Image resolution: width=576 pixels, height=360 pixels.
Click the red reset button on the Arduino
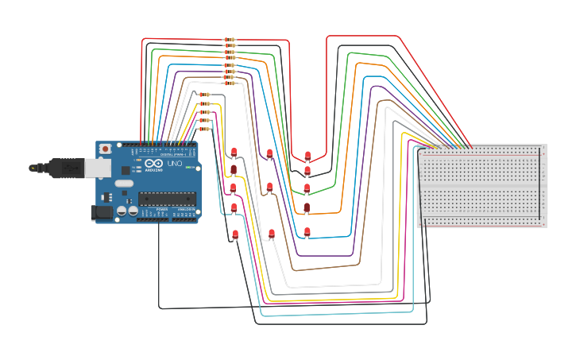click(105, 149)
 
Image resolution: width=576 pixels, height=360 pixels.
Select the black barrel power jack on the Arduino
click(101, 212)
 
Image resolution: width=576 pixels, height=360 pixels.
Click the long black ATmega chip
click(166, 198)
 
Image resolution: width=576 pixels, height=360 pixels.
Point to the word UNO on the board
click(174, 164)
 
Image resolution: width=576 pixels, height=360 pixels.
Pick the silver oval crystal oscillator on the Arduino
click(124, 184)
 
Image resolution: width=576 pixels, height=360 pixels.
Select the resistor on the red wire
click(229, 39)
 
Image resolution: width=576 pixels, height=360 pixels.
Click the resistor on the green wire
click(229, 52)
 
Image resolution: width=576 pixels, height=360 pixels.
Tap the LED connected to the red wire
click(307, 155)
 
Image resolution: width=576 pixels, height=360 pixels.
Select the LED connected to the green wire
click(307, 188)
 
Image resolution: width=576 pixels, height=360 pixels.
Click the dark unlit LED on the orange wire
click(307, 207)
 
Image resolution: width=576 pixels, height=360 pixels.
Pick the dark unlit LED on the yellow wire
click(234, 168)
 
